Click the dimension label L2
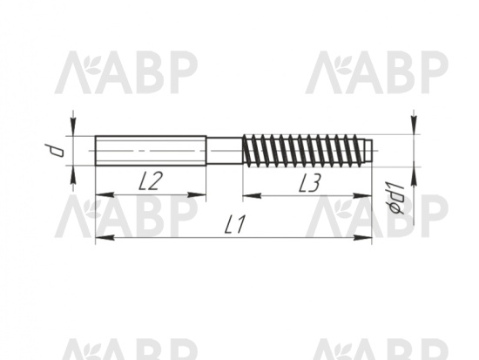pos(150,180)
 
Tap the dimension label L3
pos(309,182)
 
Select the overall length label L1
pos(234,225)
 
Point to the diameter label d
pos(54,150)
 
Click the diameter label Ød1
pos(395,198)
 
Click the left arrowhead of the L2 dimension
pos(105,194)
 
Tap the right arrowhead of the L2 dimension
pos(197,194)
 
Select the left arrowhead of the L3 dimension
pos(252,195)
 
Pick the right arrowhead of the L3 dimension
pos(362,195)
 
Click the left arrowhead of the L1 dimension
pos(105,237)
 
